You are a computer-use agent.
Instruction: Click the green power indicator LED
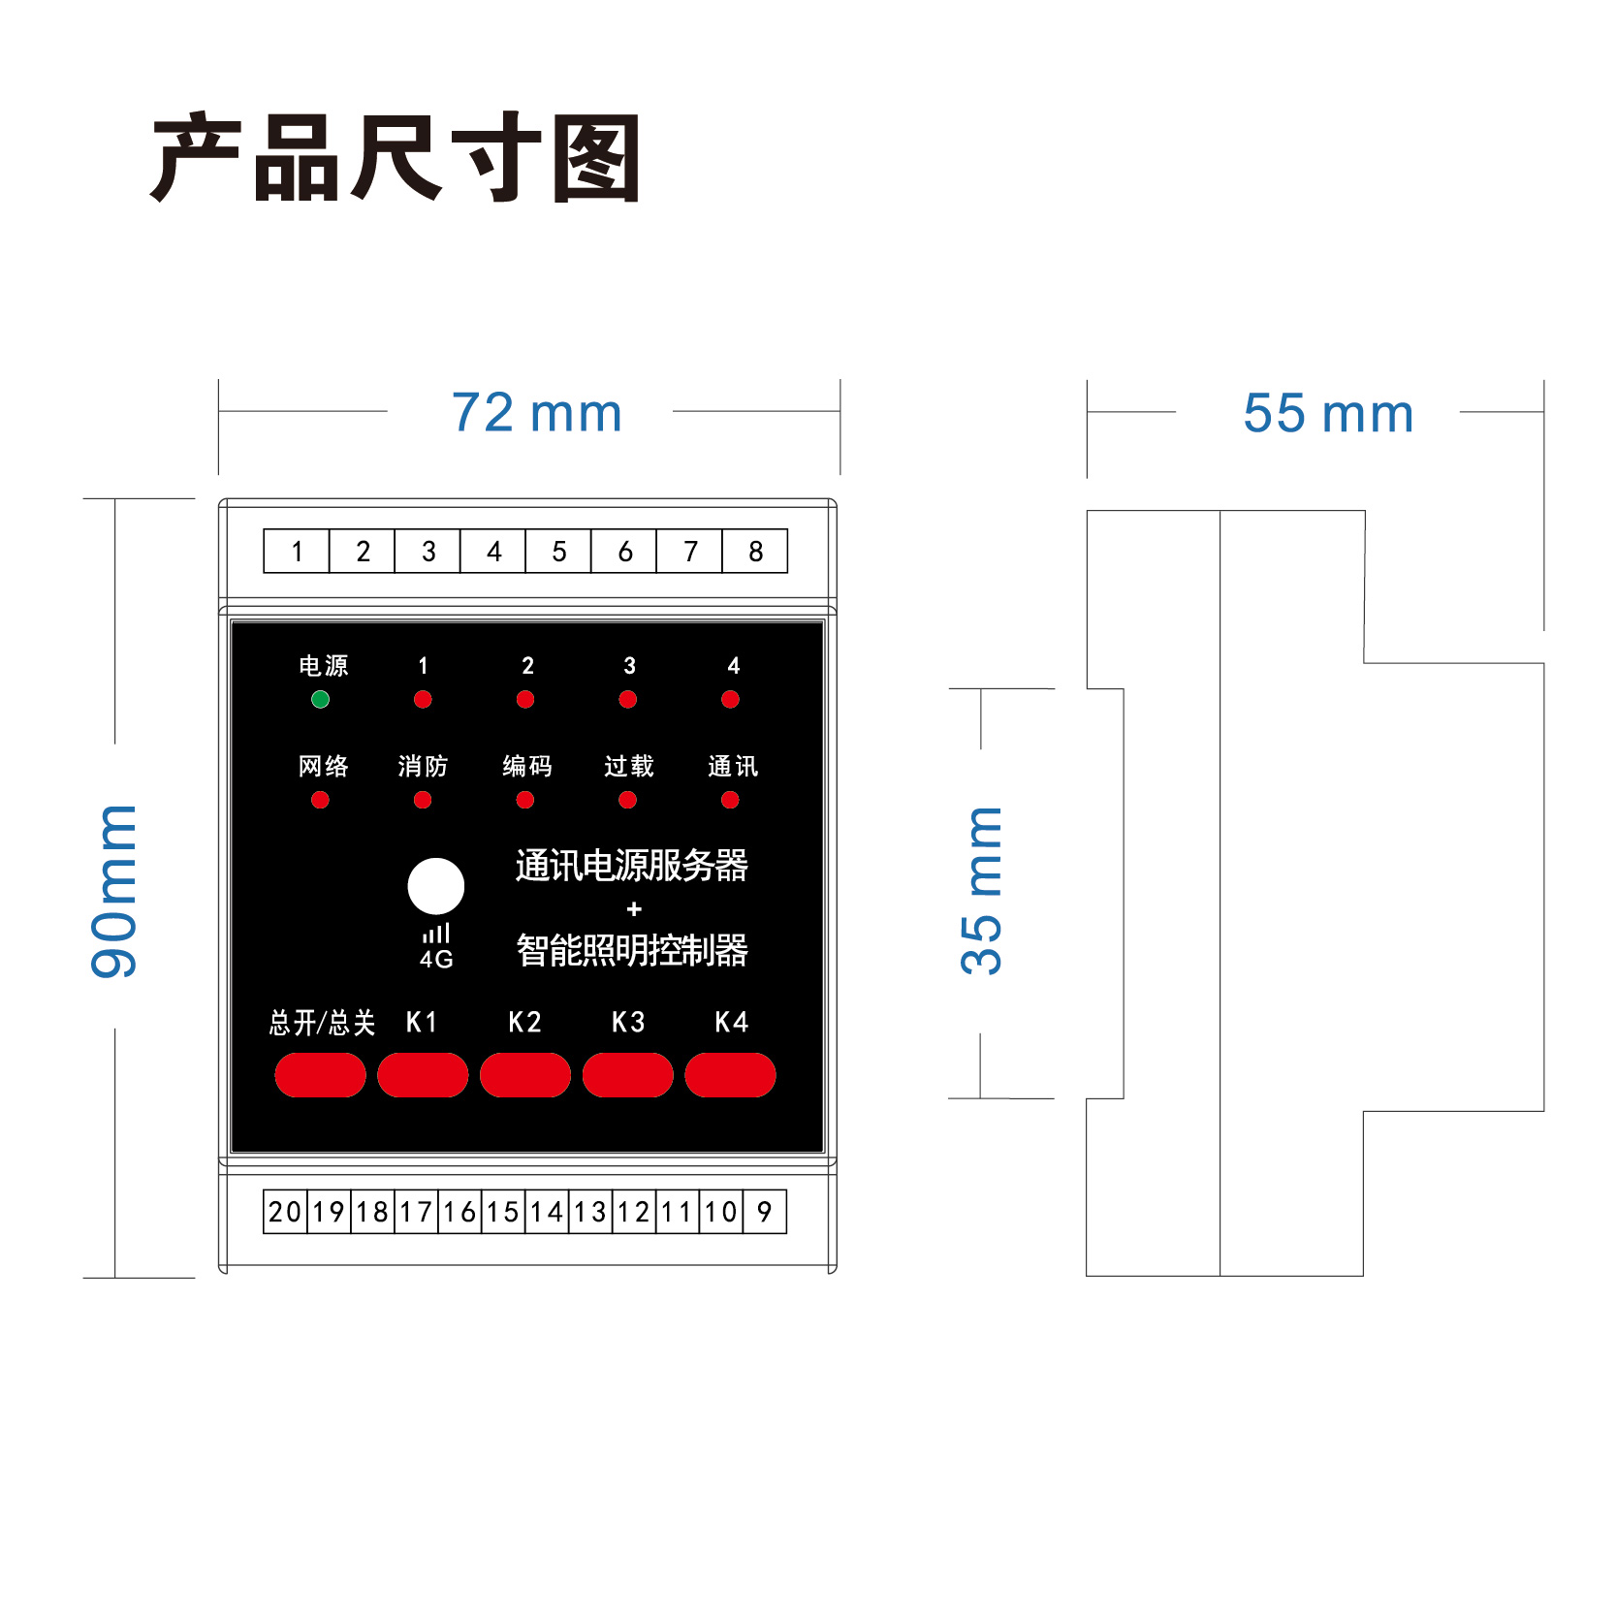tap(320, 699)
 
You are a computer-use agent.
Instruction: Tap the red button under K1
tap(423, 1075)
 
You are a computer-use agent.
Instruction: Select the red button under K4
tap(730, 1075)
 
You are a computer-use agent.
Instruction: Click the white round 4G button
tap(436, 886)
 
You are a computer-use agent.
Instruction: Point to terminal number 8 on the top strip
tap(755, 552)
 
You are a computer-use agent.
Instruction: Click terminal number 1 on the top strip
tap(297, 552)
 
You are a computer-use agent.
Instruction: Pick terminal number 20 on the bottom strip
tap(285, 1212)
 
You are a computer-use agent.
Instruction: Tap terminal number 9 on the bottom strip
tap(764, 1212)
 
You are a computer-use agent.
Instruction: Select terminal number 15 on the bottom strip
tap(503, 1212)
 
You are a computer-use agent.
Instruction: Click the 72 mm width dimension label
tap(536, 413)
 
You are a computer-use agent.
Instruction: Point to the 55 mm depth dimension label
tap(1327, 414)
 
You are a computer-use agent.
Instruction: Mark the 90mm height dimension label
tap(114, 890)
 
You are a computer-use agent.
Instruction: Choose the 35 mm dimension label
tap(981, 890)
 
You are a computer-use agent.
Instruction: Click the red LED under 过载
tap(628, 800)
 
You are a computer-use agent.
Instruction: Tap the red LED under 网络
tap(320, 800)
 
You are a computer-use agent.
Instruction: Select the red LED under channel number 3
tap(628, 699)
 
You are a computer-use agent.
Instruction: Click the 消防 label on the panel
tap(423, 767)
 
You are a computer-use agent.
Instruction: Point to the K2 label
tap(524, 1022)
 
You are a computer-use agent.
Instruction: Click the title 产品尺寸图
tap(396, 157)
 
